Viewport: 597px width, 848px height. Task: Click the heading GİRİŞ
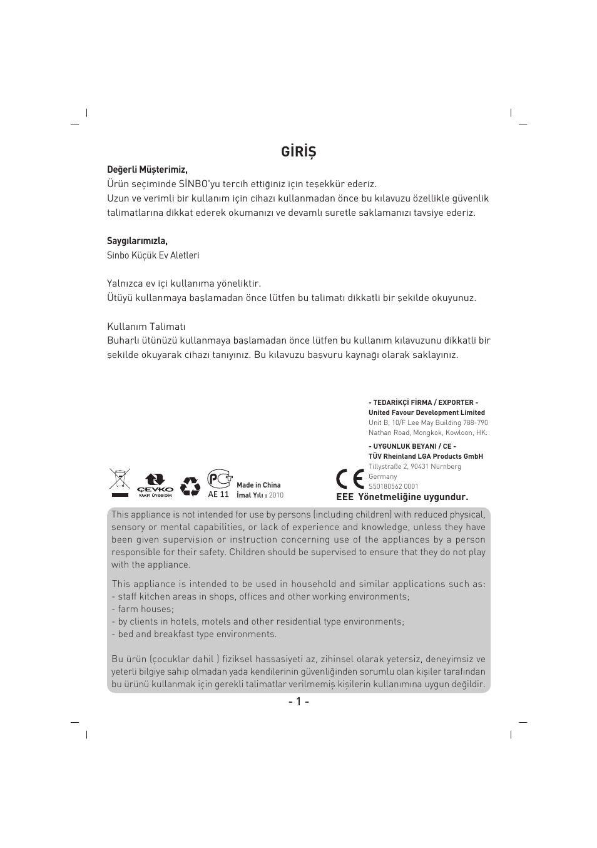pyautogui.click(x=298, y=152)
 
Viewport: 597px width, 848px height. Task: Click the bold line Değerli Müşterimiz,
pyautogui.click(x=147, y=170)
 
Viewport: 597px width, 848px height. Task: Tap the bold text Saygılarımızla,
pyautogui.click(x=137, y=241)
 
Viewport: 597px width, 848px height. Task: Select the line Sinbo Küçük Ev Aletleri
pyautogui.click(x=153, y=255)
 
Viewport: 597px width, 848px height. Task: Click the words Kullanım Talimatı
pyautogui.click(x=146, y=327)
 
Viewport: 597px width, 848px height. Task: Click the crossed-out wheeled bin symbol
pyautogui.click(x=119, y=482)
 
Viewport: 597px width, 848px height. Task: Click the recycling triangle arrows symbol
pyautogui.click(x=190, y=486)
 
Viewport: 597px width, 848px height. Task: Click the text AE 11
pyautogui.click(x=218, y=494)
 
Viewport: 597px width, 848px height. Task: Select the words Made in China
pyautogui.click(x=258, y=485)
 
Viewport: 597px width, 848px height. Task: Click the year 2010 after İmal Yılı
pyautogui.click(x=276, y=495)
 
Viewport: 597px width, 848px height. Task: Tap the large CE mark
pyautogui.click(x=350, y=479)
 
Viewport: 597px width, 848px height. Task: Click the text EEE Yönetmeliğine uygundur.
pyautogui.click(x=402, y=498)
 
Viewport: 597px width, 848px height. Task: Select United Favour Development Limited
pyautogui.click(x=426, y=412)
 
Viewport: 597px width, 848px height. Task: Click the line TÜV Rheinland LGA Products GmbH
pyautogui.click(x=426, y=456)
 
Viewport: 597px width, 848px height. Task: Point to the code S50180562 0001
pyautogui.click(x=393, y=486)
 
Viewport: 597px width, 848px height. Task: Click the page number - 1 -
pyautogui.click(x=298, y=702)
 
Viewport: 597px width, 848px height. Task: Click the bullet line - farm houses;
pyautogui.click(x=143, y=609)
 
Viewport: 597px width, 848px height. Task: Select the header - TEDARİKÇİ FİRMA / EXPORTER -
pyautogui.click(x=423, y=402)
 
